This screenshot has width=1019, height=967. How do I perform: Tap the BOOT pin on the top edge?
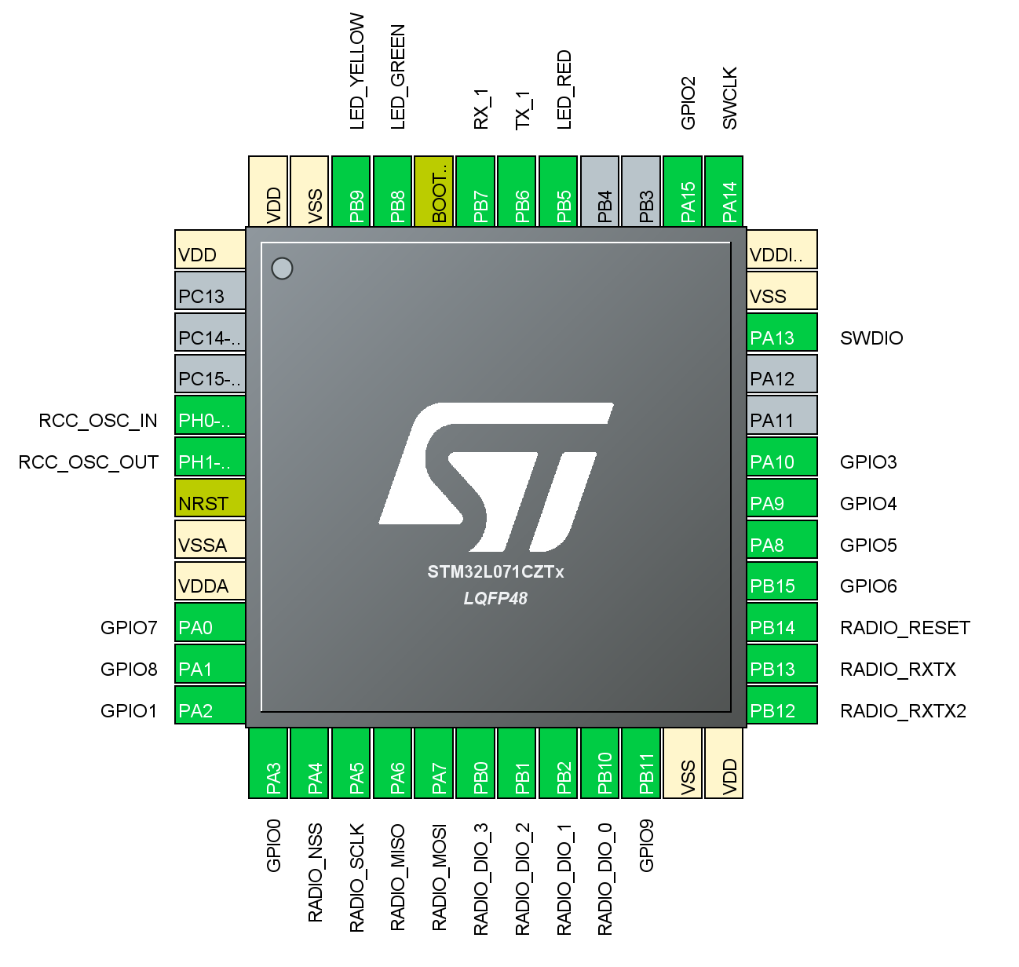pyautogui.click(x=434, y=192)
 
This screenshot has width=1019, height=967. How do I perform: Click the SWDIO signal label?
pyautogui.click(x=871, y=338)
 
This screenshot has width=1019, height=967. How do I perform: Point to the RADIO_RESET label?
pyautogui.click(x=905, y=628)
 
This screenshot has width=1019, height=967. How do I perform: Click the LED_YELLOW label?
pyautogui.click(x=357, y=71)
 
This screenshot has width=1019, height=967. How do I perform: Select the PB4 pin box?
pyautogui.click(x=600, y=192)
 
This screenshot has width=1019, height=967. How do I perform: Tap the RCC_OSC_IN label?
pyautogui.click(x=98, y=421)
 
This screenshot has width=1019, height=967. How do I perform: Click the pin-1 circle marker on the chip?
pyautogui.click(x=282, y=268)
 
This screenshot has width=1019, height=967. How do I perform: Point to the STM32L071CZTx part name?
pyautogui.click(x=495, y=572)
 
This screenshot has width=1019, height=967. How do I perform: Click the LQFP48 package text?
pyautogui.click(x=495, y=598)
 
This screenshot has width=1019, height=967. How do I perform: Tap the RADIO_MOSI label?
pyautogui.click(x=440, y=878)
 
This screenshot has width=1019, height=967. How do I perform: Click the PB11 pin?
pyautogui.click(x=641, y=764)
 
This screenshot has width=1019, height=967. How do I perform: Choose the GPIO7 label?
pyautogui.click(x=129, y=628)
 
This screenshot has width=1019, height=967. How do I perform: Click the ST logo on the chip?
pyautogui.click(x=496, y=477)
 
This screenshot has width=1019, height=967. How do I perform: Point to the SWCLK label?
pyautogui.click(x=730, y=98)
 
